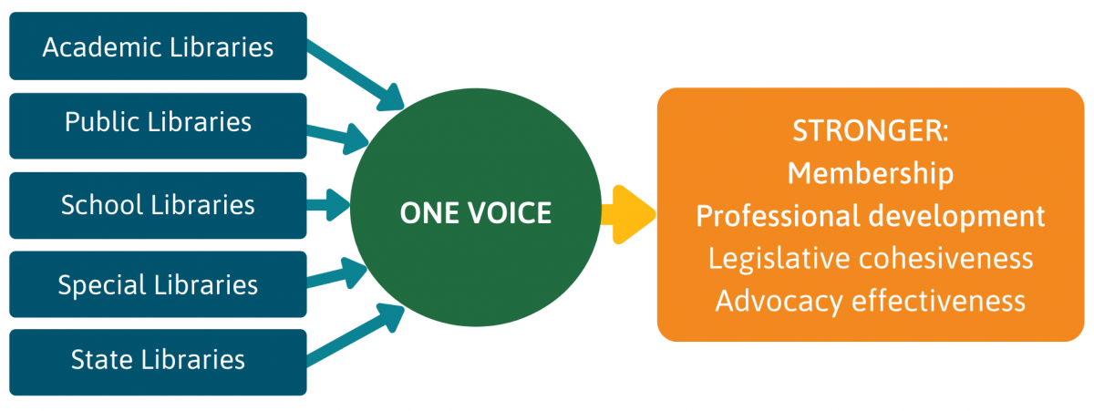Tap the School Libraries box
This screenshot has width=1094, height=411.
[x=158, y=204]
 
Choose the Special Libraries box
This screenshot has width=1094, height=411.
[x=158, y=283]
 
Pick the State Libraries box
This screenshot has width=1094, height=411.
[x=158, y=361]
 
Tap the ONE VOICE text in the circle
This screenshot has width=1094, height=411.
[x=475, y=213]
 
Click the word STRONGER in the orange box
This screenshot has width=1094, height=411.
[x=870, y=130]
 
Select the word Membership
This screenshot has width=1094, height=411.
[x=870, y=172]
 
